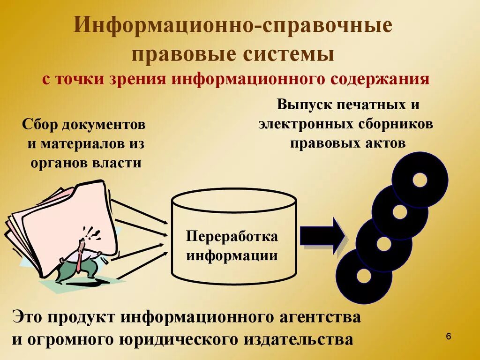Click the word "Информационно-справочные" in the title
point(232,26)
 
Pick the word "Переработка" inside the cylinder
point(232,236)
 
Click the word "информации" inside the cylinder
point(232,255)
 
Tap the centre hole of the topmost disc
point(420,180)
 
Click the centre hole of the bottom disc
point(363,276)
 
